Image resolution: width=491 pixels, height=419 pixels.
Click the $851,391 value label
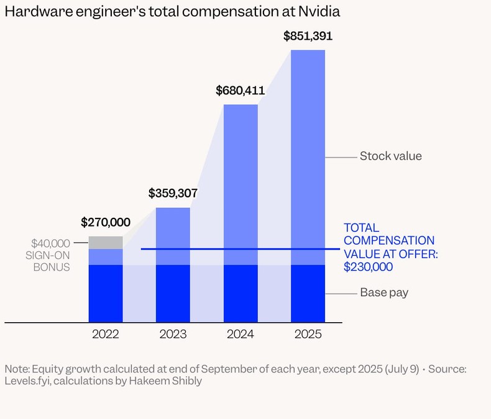click(308, 36)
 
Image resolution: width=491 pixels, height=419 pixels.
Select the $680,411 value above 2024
click(241, 91)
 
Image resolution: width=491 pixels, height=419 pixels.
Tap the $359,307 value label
click(173, 193)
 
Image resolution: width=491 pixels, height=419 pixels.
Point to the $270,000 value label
click(106, 222)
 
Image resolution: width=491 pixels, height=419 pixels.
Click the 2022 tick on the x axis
click(106, 335)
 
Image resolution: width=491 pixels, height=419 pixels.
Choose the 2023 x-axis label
click(173, 335)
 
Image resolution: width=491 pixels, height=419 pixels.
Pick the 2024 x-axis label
click(241, 335)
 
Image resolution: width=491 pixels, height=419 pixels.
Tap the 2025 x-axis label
click(308, 335)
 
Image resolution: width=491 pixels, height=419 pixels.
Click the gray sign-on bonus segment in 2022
click(106, 242)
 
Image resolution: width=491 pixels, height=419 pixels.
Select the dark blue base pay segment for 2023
click(173, 294)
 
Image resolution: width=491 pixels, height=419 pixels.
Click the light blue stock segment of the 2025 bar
click(308, 155)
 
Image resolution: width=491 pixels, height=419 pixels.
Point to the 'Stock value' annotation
click(390, 156)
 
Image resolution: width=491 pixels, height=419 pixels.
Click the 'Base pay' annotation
click(384, 292)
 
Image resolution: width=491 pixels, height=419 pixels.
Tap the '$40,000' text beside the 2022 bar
click(51, 243)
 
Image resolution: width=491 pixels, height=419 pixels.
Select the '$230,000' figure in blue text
click(369, 267)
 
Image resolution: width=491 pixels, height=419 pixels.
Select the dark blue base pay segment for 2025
click(308, 294)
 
